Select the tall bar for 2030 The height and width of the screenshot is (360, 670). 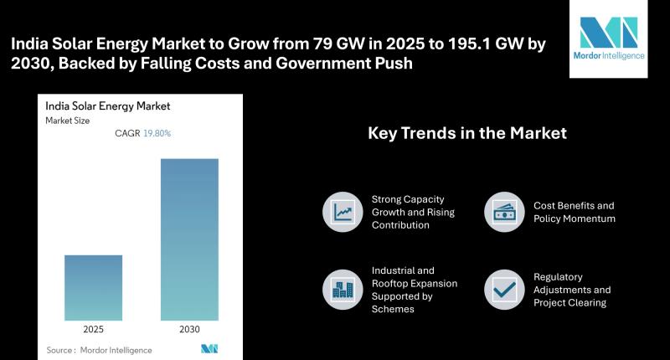(x=189, y=239)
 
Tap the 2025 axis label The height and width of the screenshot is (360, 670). (x=93, y=329)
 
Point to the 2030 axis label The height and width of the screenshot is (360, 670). (x=189, y=329)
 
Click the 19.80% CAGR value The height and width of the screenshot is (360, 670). (x=157, y=133)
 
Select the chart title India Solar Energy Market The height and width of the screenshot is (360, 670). (x=107, y=106)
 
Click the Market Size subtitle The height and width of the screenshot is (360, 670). (x=68, y=121)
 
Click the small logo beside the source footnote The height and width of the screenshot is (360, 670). (x=209, y=348)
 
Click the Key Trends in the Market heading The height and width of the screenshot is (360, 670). (x=467, y=133)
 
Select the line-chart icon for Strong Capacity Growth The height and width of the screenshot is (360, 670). (x=342, y=212)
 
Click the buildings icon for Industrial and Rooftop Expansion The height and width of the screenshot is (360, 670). (x=342, y=289)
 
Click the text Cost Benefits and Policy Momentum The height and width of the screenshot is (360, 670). (x=574, y=212)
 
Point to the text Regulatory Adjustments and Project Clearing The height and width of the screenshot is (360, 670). (x=572, y=290)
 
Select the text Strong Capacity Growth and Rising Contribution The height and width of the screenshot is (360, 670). (x=407, y=212)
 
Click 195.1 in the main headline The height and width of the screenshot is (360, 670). (x=407, y=44)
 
